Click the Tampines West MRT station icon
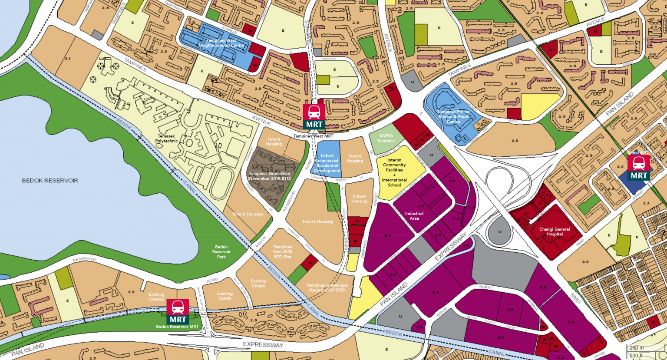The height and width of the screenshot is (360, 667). click(314, 116)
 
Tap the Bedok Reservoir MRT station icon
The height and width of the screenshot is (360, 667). click(178, 310)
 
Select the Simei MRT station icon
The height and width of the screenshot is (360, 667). click(639, 167)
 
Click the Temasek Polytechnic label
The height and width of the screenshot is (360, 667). click(168, 138)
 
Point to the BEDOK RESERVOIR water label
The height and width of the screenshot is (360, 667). click(50, 180)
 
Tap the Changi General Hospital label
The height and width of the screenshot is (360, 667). click(555, 231)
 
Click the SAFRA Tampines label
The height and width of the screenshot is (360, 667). click(386, 138)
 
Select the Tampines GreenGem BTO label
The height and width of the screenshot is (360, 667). click(270, 176)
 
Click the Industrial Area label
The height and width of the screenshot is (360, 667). click(414, 215)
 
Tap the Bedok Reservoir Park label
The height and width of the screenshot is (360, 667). click(221, 252)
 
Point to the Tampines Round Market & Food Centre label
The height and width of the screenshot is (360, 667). click(453, 116)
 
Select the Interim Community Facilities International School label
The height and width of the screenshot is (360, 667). click(394, 172)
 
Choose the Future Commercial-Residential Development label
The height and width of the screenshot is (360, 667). click(327, 163)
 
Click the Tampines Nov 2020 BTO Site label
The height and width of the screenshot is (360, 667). click(283, 252)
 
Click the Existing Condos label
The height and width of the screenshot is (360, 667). click(157, 297)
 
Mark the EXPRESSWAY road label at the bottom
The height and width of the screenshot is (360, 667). click(263, 345)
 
